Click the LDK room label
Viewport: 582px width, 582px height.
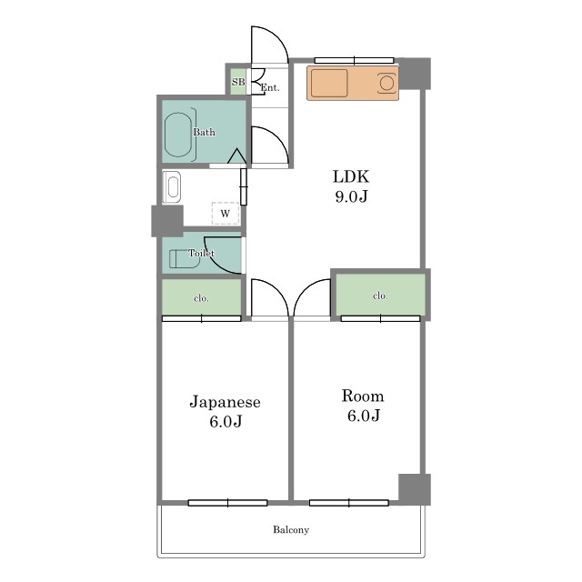(351, 176)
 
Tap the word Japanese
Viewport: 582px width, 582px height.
(225, 402)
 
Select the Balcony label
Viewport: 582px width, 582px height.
(291, 529)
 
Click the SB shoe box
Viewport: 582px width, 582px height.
(238, 82)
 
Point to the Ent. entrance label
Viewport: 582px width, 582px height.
(270, 88)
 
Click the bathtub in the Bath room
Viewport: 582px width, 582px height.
(178, 135)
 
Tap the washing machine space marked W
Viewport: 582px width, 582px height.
(226, 214)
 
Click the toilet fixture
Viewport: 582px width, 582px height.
(185, 258)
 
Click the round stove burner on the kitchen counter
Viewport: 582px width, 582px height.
(386, 83)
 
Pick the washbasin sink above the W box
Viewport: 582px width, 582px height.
(172, 187)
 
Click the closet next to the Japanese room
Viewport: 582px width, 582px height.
(202, 297)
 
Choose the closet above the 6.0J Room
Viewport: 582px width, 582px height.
(380, 295)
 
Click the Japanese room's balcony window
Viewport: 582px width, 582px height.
(228, 503)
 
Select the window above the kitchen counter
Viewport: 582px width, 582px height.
(354, 60)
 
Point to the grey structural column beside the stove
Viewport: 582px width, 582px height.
(415, 74)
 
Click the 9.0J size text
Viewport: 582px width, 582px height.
(351, 196)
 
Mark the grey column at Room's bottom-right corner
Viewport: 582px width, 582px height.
(415, 489)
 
